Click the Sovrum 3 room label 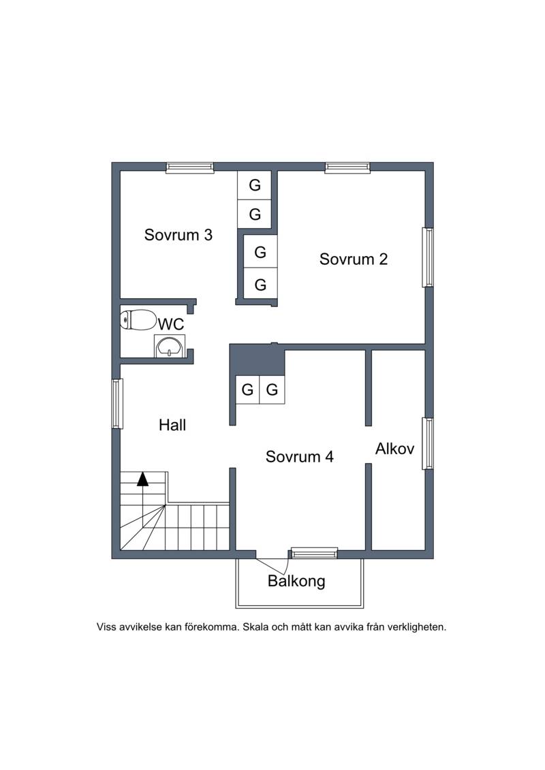pos(178,235)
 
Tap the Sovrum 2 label pos(354,259)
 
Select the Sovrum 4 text pos(299,457)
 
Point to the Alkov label pos(394,449)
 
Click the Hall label pos(172,425)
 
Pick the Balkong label pos(296,581)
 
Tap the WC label pos(170,324)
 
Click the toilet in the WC pos(138,320)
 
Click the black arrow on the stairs pos(142,479)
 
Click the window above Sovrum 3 pos(189,167)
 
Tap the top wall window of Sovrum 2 pos(347,167)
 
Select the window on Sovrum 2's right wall pos(428,257)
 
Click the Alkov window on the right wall pos(428,443)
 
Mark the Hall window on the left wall pos(117,404)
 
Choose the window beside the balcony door pos(314,554)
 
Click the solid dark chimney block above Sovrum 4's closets pos(257,360)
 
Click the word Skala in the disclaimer pos(254,627)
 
